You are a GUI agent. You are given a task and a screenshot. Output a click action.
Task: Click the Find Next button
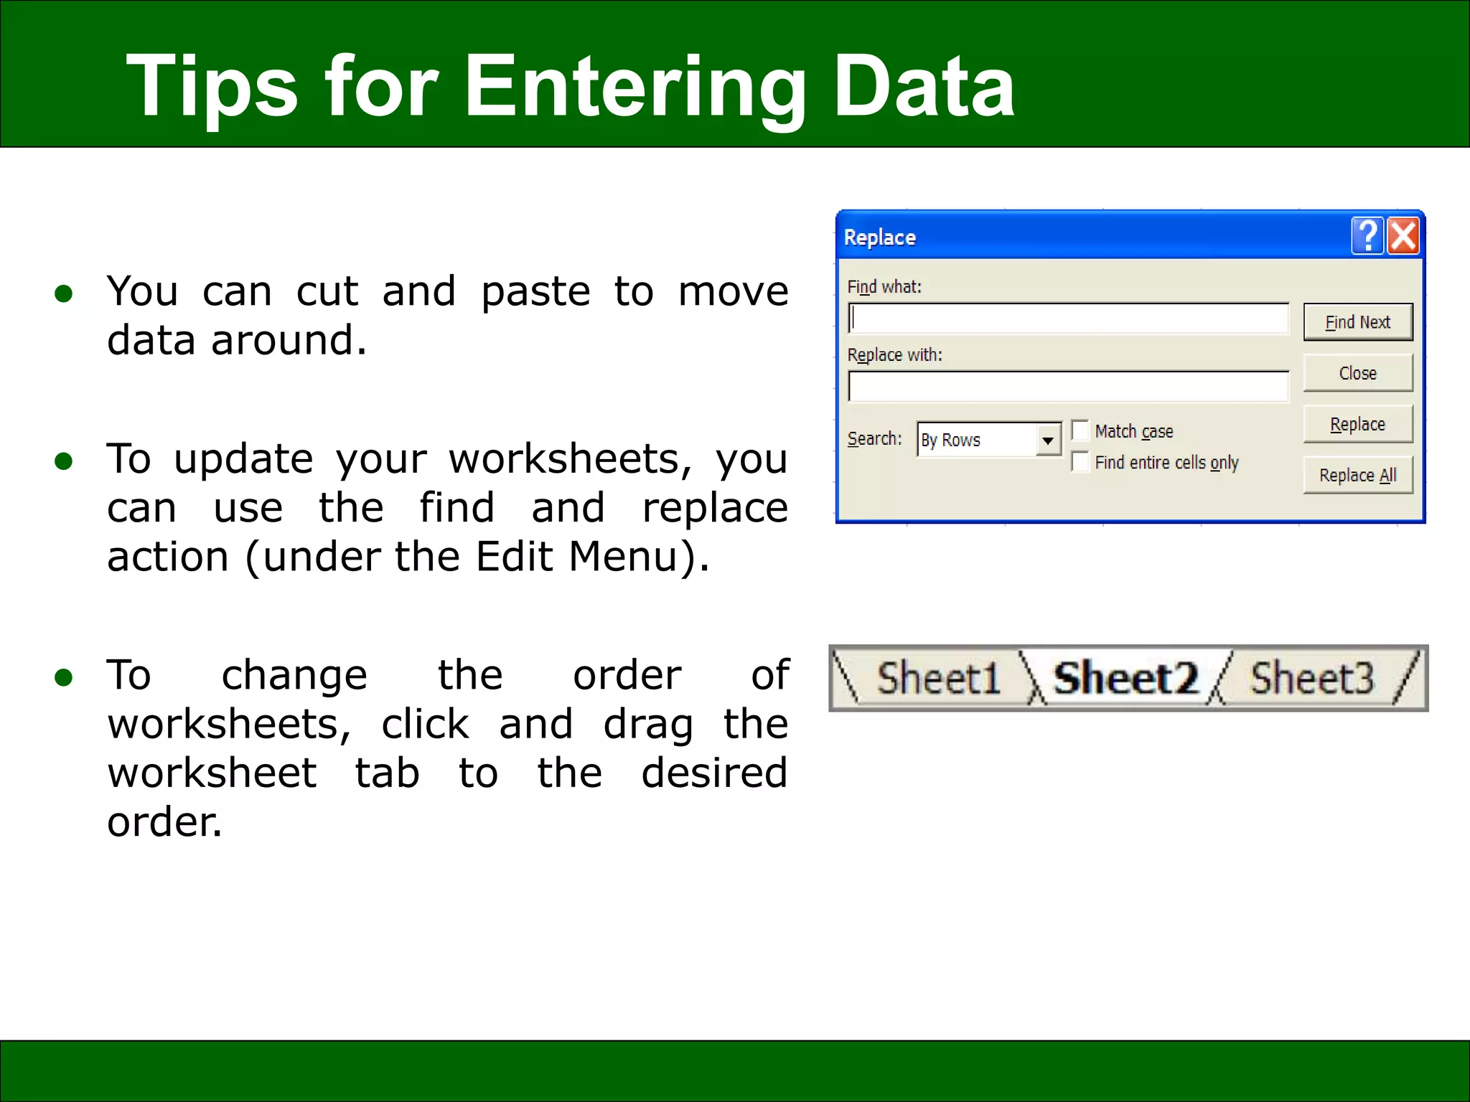pyautogui.click(x=1357, y=322)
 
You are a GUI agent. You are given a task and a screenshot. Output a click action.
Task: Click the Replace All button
pyautogui.click(x=1357, y=475)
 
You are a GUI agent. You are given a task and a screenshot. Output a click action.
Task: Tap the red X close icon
pyautogui.click(x=1403, y=236)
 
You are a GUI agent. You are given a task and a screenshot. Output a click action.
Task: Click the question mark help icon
pyautogui.click(x=1367, y=236)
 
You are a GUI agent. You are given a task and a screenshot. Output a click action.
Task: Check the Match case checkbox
pyautogui.click(x=1080, y=430)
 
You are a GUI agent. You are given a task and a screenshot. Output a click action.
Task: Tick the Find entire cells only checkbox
pyautogui.click(x=1080, y=462)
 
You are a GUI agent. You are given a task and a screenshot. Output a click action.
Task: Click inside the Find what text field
pyautogui.click(x=1068, y=319)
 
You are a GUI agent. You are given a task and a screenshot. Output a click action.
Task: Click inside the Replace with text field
pyautogui.click(x=1068, y=387)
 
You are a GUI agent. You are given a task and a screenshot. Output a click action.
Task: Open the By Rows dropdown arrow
pyautogui.click(x=1048, y=440)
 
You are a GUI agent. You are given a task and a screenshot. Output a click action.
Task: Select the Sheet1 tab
pyautogui.click(x=937, y=678)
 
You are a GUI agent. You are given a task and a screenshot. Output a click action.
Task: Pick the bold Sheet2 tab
pyautogui.click(x=1125, y=678)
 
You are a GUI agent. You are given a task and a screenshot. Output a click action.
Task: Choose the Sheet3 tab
pyautogui.click(x=1311, y=678)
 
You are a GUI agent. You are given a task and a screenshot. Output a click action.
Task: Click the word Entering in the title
pyautogui.click(x=635, y=88)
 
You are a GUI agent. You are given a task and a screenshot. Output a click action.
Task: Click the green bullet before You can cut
pyautogui.click(x=64, y=293)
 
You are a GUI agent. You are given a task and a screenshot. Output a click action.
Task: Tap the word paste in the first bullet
pyautogui.click(x=535, y=293)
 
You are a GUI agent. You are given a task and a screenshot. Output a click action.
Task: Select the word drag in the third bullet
pyautogui.click(x=647, y=725)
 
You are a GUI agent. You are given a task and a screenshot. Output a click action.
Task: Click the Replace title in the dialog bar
pyautogui.click(x=879, y=237)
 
